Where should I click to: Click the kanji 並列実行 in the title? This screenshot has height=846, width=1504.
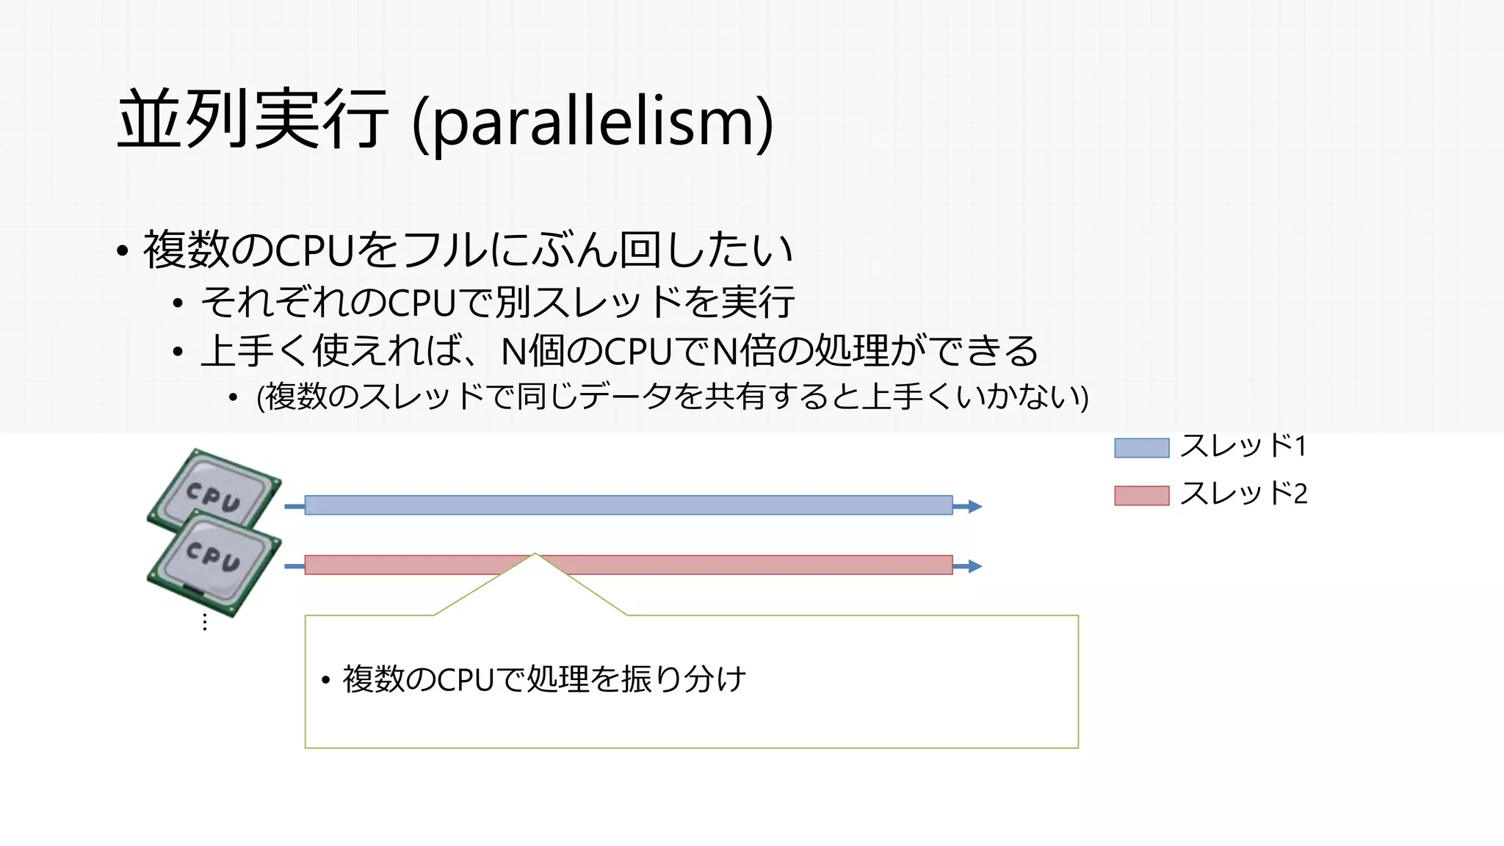[x=253, y=119]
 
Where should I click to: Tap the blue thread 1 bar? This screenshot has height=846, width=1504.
[x=628, y=505]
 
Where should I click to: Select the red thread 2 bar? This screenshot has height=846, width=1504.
[x=734, y=565]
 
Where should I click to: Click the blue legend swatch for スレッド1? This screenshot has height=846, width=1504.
[x=1141, y=448]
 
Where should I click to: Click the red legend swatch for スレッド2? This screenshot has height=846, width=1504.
[x=1141, y=496]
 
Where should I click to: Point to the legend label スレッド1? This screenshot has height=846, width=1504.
[x=1243, y=446]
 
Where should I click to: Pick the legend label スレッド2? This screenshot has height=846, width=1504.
[x=1243, y=493]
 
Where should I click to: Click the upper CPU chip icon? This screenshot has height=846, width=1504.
[x=214, y=488]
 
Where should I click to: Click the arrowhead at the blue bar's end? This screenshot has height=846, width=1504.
[x=975, y=506]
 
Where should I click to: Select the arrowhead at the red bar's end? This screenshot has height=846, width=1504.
[x=975, y=566]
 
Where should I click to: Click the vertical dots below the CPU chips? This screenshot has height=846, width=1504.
[x=205, y=623]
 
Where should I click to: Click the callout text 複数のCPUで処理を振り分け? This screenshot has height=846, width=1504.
[x=543, y=679]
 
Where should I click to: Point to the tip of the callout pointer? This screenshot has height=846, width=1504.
[x=535, y=554]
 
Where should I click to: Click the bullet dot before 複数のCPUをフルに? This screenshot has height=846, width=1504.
[x=123, y=251]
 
